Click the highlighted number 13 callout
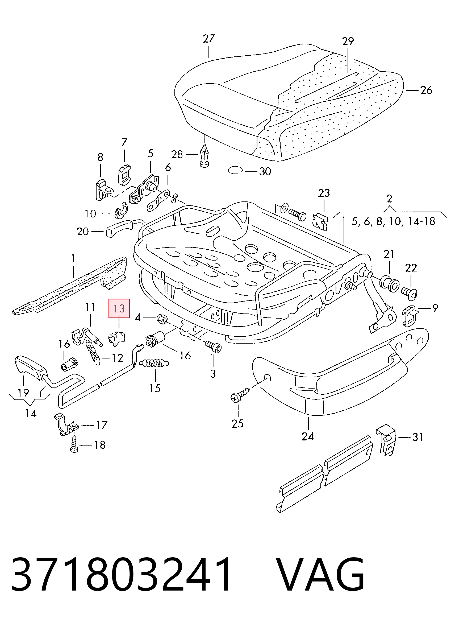coord(119,308)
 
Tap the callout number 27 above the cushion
coord(208,39)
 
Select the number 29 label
coord(348,41)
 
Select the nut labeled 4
coord(162,319)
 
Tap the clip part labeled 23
coord(321,221)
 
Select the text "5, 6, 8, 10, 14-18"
coord(393,221)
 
